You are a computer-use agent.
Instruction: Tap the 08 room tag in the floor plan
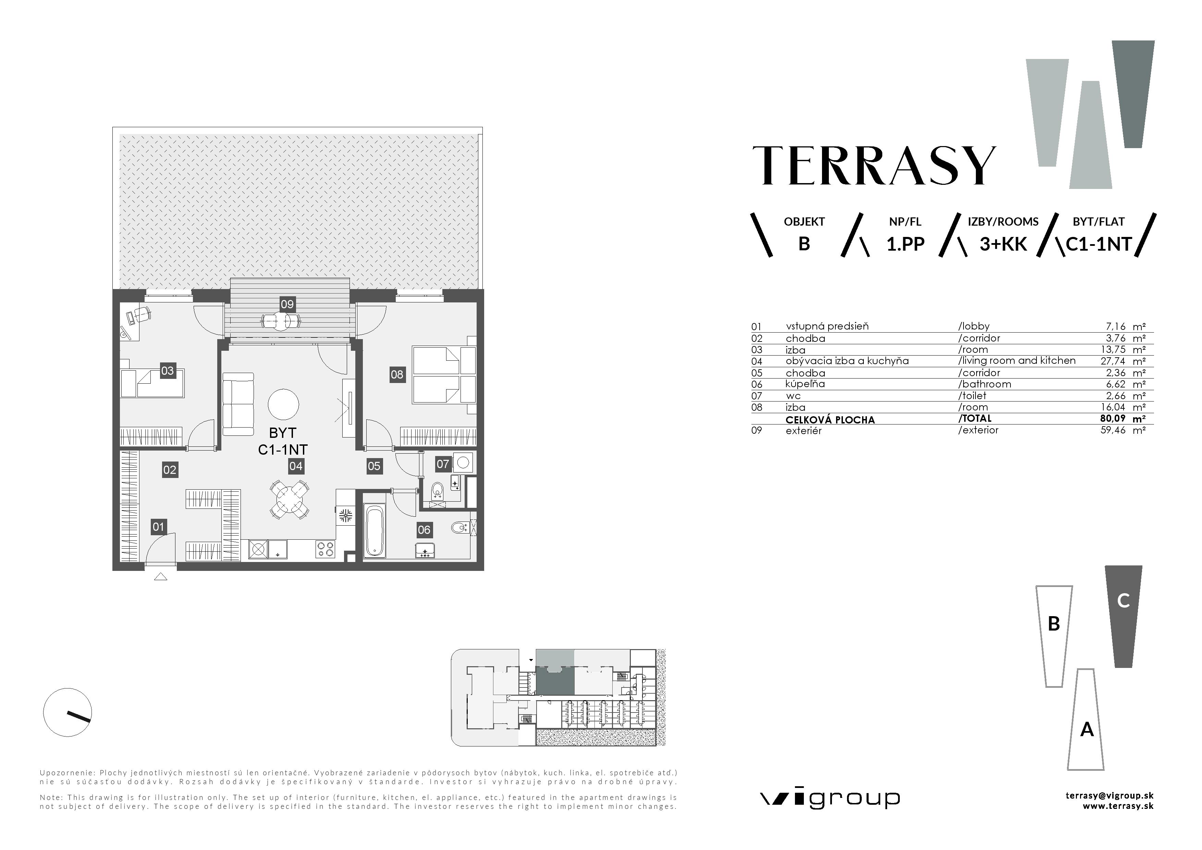(397, 374)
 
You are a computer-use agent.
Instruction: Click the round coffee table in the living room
(283, 404)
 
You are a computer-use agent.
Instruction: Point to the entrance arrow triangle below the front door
(161, 577)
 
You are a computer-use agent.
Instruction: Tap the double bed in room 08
(442, 374)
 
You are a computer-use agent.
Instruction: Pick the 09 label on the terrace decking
(287, 304)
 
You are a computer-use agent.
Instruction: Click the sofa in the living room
(238, 404)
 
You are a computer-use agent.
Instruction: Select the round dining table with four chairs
(289, 500)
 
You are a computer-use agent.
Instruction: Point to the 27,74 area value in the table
(1113, 361)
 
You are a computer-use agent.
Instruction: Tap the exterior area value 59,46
(1113, 431)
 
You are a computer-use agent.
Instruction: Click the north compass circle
(68, 712)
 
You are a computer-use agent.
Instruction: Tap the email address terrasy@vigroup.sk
(1109, 795)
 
